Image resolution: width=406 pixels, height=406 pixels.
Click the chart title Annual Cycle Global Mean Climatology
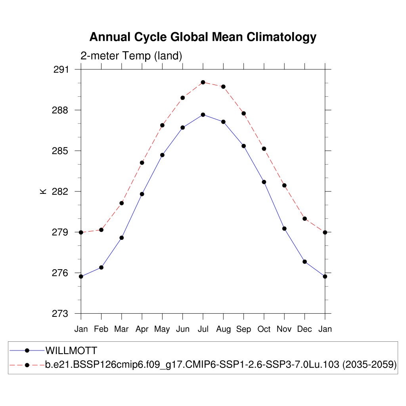[x=203, y=37]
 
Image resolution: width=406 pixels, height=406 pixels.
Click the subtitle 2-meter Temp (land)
[x=131, y=56]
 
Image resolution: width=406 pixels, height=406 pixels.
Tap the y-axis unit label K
[x=43, y=192]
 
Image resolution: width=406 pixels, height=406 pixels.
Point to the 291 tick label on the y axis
[x=61, y=70]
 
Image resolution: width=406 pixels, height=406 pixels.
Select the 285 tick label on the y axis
[x=61, y=151]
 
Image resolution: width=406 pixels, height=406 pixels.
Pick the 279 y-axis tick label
[x=61, y=232]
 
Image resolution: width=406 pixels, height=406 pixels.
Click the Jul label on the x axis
[x=203, y=329]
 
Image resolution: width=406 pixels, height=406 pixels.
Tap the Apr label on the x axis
[x=142, y=329]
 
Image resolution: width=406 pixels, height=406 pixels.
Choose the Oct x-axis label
[x=264, y=329]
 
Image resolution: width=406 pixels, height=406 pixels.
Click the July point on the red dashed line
[x=203, y=82]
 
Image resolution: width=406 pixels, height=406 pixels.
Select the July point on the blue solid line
[x=203, y=115]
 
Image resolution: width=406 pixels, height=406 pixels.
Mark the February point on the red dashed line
[x=101, y=230]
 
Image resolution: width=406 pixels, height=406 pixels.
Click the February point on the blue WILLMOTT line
[x=101, y=268]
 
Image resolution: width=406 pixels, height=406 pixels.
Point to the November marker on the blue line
[x=284, y=228]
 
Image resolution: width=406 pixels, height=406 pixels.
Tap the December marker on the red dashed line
[x=304, y=218]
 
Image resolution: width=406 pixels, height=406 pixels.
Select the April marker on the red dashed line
[x=142, y=163]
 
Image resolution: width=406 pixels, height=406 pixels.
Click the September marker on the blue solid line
[x=243, y=146]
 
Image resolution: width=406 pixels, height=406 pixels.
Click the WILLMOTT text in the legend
[x=71, y=350]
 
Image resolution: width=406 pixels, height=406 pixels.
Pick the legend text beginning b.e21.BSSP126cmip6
[x=221, y=365]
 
